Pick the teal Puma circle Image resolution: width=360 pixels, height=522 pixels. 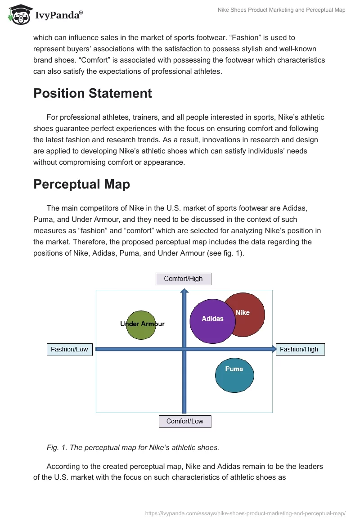(234, 375)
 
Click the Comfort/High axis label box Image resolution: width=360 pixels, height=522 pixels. (183, 279)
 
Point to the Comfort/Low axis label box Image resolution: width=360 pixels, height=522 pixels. (184, 422)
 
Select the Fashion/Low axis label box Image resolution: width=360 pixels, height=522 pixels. (69, 350)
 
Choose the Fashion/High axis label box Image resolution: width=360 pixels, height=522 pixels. (299, 350)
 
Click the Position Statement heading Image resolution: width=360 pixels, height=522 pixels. (93, 93)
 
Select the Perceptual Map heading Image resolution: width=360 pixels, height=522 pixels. (81, 184)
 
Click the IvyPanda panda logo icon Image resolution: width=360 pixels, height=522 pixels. (18, 15)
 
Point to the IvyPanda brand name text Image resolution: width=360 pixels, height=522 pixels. (58, 15)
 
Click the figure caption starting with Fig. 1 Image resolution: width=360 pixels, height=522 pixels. (133, 447)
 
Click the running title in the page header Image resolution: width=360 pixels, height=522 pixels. (281, 10)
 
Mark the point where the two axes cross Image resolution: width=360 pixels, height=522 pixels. (184, 349)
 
